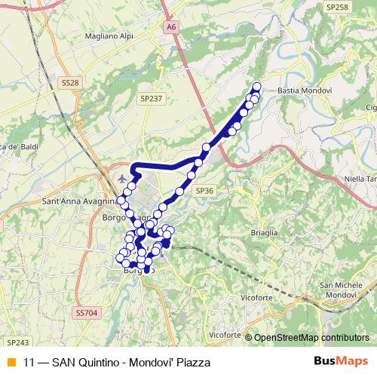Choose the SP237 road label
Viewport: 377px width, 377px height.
coord(151,98)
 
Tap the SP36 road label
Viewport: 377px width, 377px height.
coord(205,192)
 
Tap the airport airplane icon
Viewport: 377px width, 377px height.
coord(124,179)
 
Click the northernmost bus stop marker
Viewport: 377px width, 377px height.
coord(256,86)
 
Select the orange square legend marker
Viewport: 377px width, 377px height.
coord(11,362)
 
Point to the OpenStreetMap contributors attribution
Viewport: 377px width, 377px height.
coord(311,337)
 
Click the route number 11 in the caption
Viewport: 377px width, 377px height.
coord(29,362)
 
